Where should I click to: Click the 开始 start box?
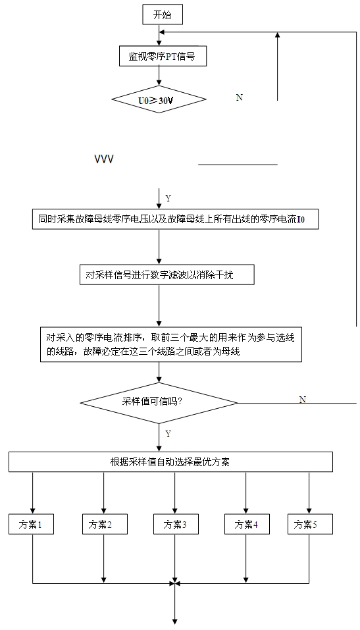163,16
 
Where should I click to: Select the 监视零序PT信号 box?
163,56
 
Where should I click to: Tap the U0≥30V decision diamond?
159,99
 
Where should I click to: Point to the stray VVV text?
104,159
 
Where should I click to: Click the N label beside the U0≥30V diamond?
240,97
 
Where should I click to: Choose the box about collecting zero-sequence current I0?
176,219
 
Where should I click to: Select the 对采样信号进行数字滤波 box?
167,275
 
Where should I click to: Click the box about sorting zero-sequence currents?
171,344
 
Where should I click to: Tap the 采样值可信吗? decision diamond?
159,402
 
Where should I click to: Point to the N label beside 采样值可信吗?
303,400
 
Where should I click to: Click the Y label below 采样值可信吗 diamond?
168,434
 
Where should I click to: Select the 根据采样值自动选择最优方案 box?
170,461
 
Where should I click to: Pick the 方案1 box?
31,524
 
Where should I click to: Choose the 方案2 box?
105,524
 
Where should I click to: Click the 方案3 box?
176,524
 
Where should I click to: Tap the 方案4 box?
247,524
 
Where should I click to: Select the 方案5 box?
310,524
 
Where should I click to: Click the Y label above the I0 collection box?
168,198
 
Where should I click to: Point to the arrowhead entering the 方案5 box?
309,512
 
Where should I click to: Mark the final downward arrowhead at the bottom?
175,621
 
